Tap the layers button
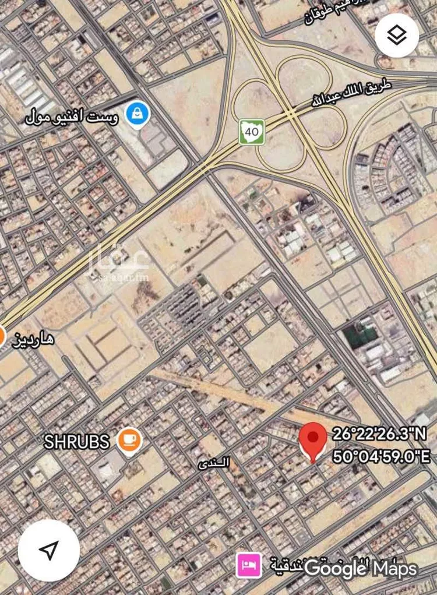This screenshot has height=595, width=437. [397, 36]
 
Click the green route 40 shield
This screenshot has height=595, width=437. [252, 132]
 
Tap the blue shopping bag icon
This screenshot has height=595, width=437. [138, 113]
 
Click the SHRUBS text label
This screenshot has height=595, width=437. [76, 442]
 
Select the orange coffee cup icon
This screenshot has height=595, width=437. [129, 439]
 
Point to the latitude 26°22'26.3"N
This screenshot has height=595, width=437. [380, 434]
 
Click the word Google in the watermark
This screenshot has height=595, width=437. [335, 568]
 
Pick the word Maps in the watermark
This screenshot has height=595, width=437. [396, 568]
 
